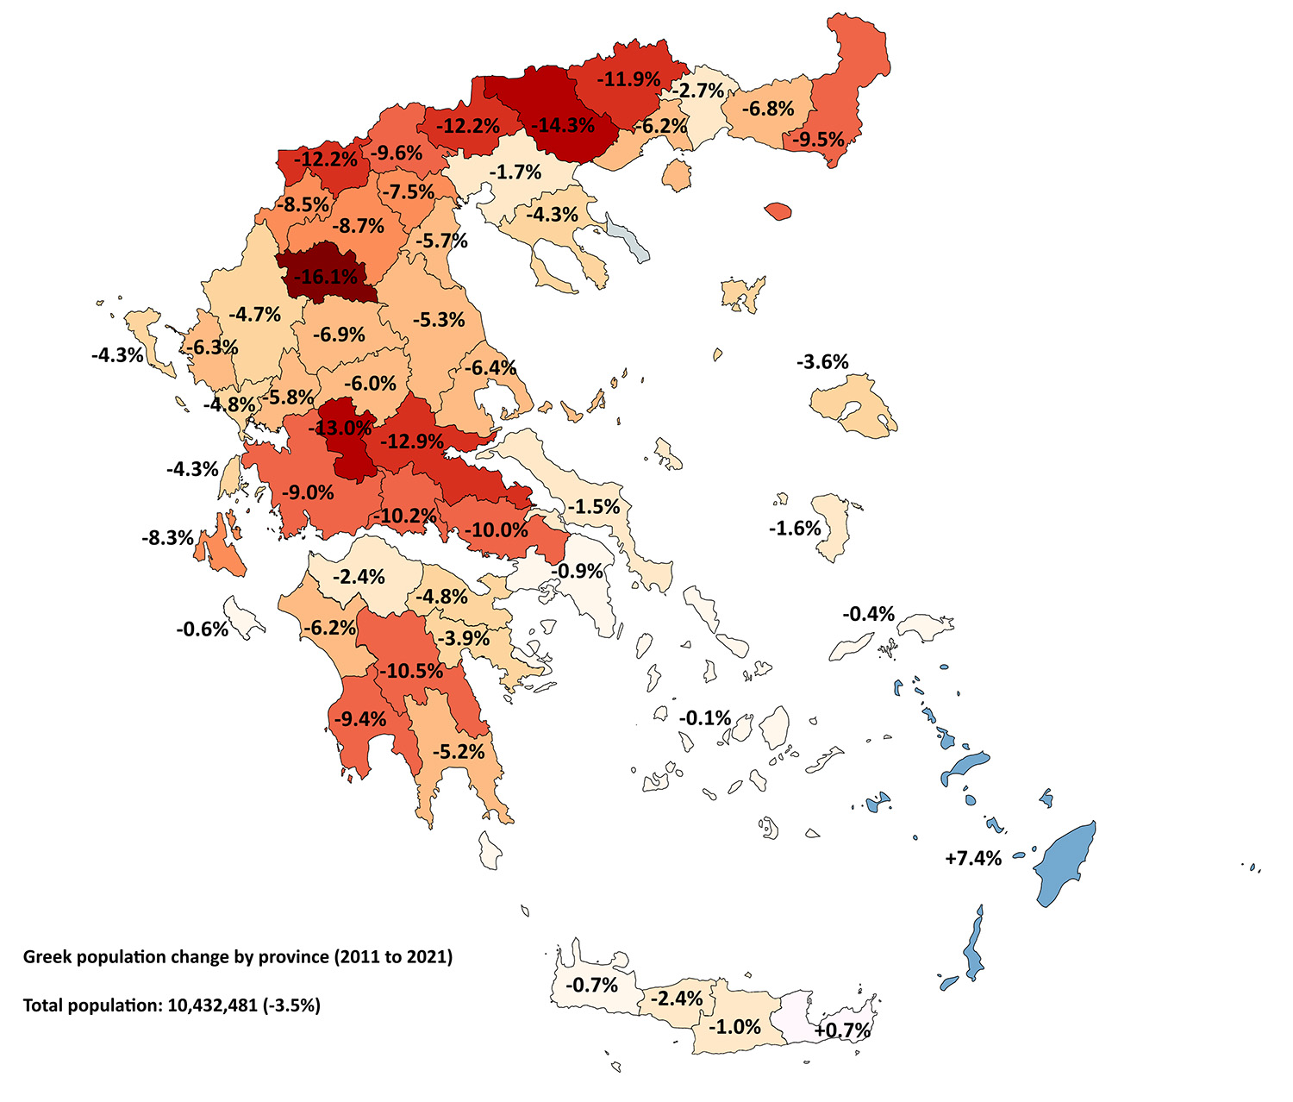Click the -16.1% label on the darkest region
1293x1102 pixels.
click(325, 277)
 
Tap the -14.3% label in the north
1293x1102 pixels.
click(563, 125)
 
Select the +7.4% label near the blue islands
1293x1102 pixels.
click(973, 858)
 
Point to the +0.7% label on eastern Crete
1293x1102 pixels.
click(842, 1030)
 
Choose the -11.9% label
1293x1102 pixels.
click(629, 79)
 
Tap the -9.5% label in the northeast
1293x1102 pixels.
click(818, 139)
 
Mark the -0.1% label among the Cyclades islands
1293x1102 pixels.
click(704, 717)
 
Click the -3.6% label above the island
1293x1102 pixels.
click(822, 361)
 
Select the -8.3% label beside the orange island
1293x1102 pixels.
click(167, 538)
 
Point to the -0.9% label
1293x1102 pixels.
click(577, 571)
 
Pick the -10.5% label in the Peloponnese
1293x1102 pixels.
click(410, 671)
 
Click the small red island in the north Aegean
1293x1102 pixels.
click(778, 210)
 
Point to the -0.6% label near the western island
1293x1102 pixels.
click(203, 629)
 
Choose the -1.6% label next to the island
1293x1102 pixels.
click(795, 528)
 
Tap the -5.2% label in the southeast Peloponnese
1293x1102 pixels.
click(458, 752)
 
